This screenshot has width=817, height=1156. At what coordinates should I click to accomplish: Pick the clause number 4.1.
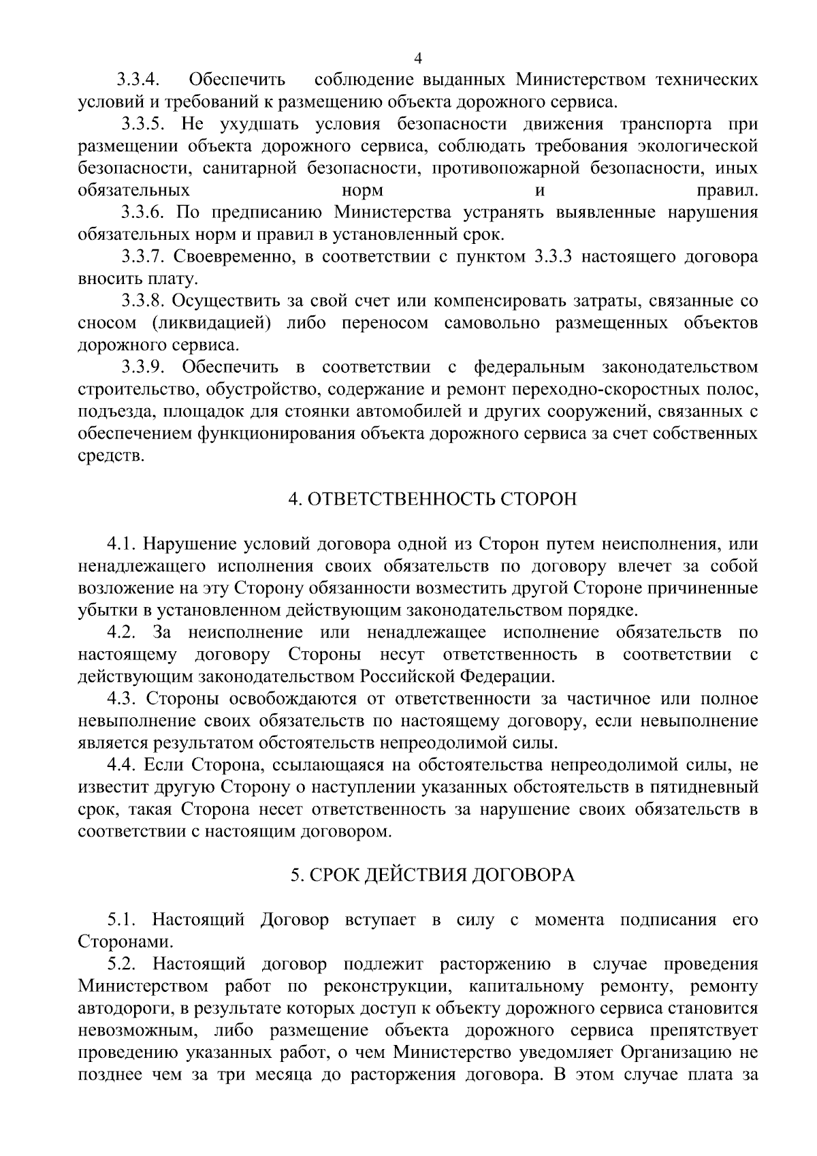pos(122,544)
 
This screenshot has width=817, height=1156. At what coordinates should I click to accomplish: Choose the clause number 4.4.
pos(122,765)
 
